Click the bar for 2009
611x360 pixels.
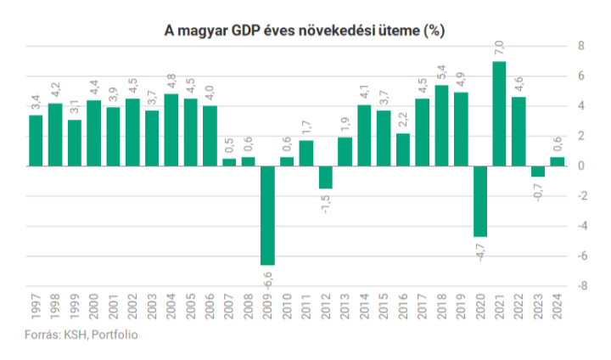click(x=267, y=216)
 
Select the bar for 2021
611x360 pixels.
click(x=499, y=114)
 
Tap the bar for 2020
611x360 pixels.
click(x=479, y=201)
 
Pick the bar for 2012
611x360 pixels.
click(x=325, y=177)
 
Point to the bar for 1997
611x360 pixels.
click(x=36, y=140)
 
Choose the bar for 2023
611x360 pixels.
click(x=537, y=171)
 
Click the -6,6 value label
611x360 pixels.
click(x=268, y=278)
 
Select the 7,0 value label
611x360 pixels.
click(x=499, y=48)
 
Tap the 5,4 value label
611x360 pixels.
click(x=441, y=71)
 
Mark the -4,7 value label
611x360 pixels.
click(x=480, y=250)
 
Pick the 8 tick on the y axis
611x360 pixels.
click(x=583, y=46)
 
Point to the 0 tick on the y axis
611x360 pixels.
click(x=583, y=166)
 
